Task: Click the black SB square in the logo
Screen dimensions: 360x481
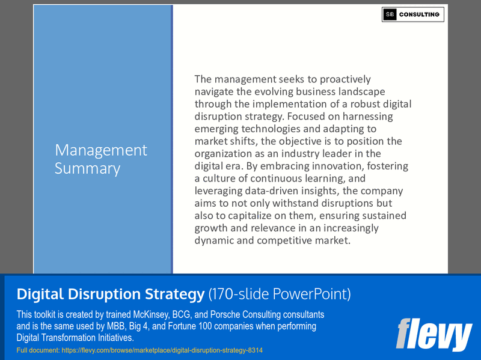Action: [x=390, y=14]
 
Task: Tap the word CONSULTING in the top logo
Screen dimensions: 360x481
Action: [x=420, y=14]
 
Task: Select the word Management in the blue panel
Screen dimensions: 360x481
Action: [x=101, y=150]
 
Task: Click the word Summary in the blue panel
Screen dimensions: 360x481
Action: [x=87, y=168]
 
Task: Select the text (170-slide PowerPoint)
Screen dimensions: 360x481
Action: [x=279, y=294]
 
